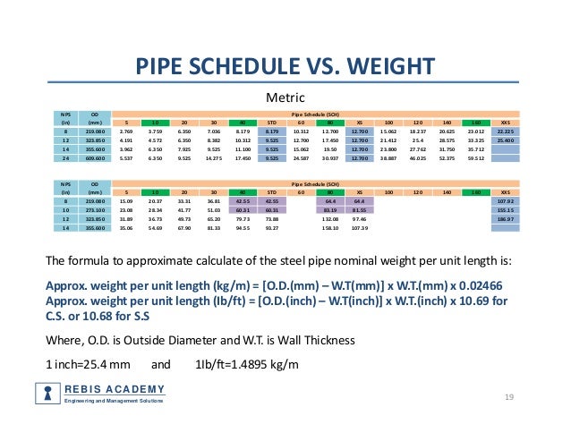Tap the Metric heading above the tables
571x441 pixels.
(285, 97)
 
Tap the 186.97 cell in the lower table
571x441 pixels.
(506, 219)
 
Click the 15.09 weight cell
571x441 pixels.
(126, 201)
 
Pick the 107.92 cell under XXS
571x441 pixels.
(506, 201)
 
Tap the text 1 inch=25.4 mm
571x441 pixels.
(89, 365)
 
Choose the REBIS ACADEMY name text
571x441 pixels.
(114, 388)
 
